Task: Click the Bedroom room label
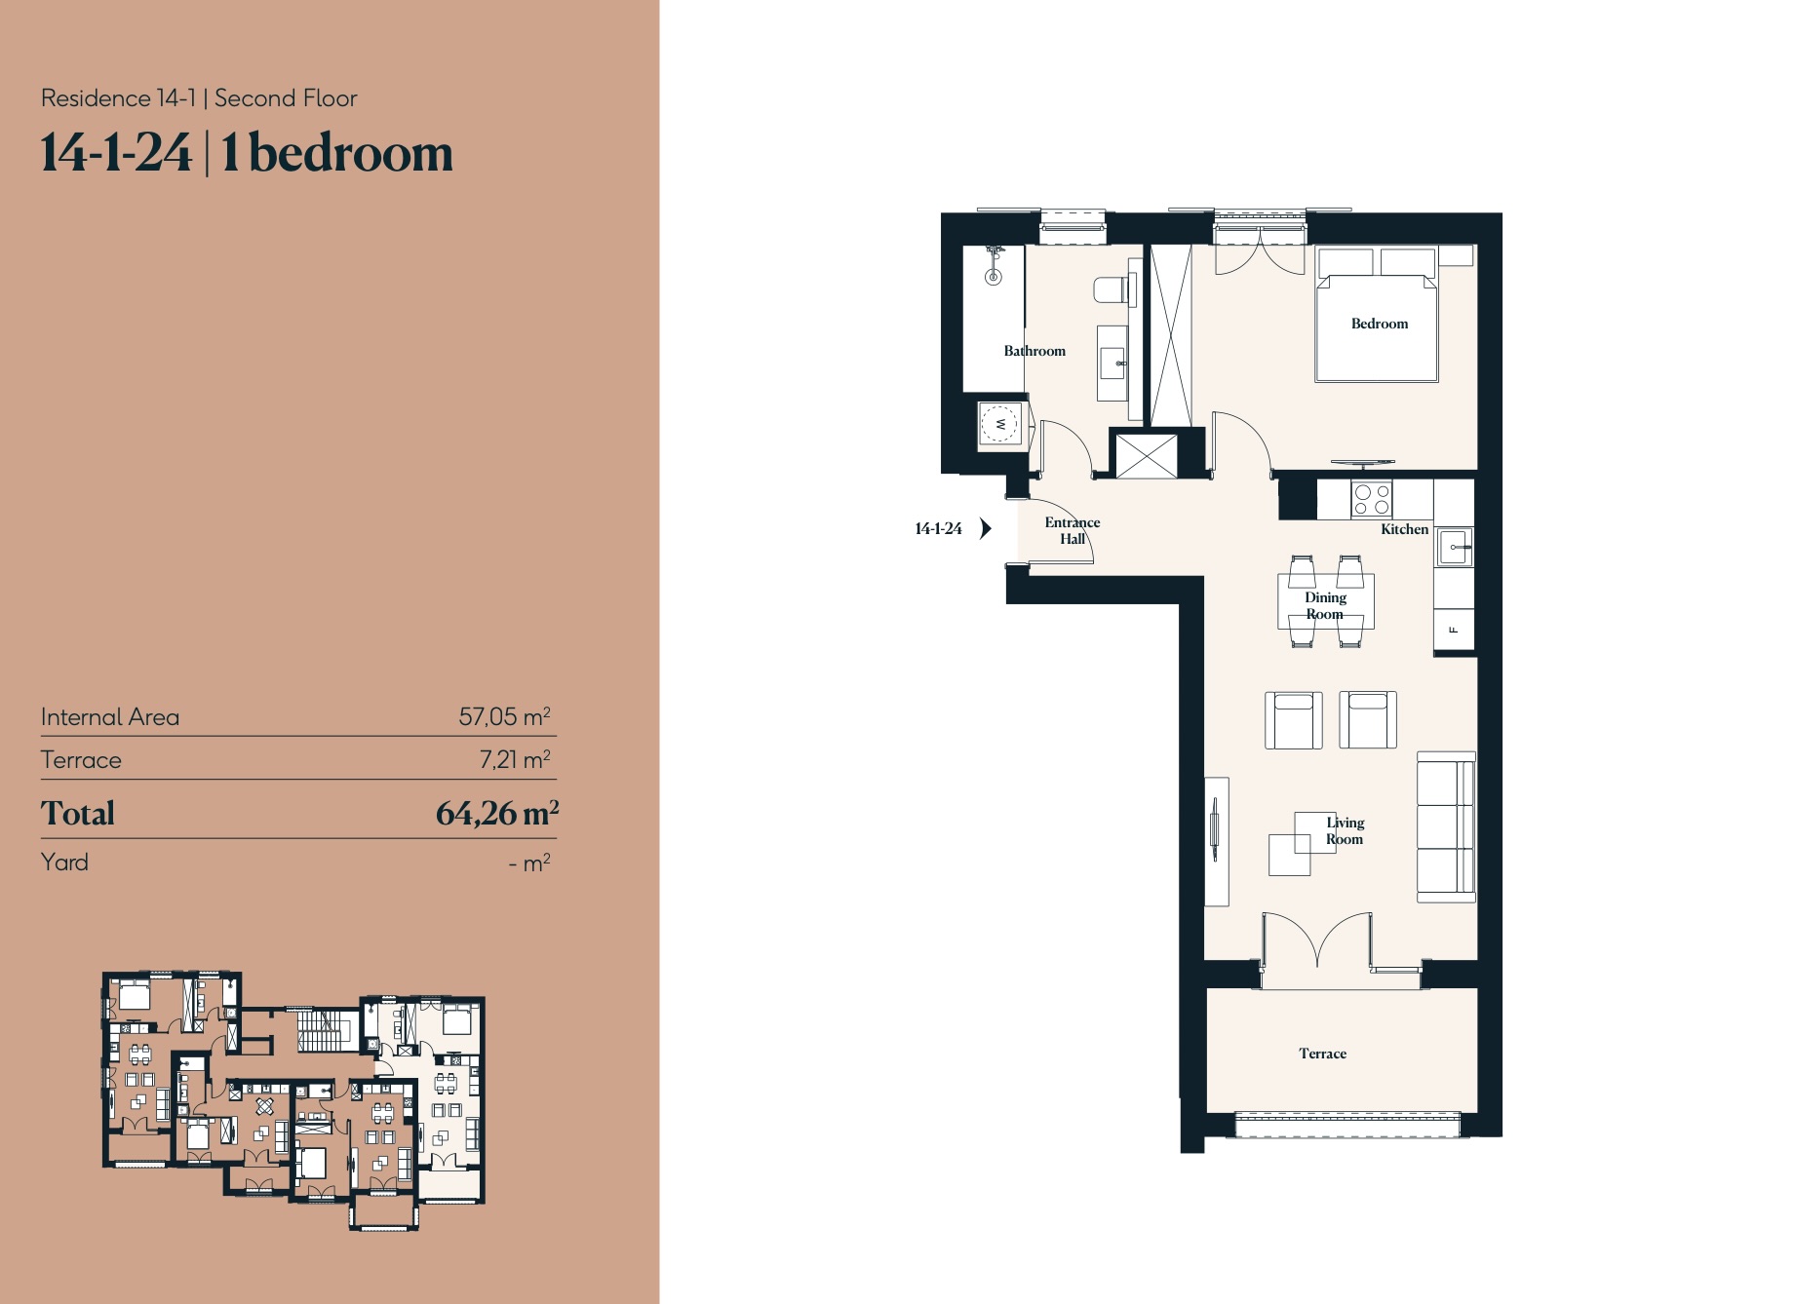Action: click(x=1379, y=324)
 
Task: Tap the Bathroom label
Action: click(x=1034, y=351)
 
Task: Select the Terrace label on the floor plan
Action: click(x=1322, y=1054)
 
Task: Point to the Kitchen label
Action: click(x=1404, y=529)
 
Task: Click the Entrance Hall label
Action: click(x=1073, y=530)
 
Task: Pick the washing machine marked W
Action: click(x=999, y=424)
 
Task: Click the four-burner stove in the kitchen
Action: click(x=1372, y=500)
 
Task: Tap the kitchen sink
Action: click(x=1455, y=547)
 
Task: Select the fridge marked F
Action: click(x=1454, y=630)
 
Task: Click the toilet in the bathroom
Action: click(x=1112, y=289)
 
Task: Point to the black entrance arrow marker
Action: click(x=986, y=528)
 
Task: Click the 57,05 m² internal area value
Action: click(x=504, y=716)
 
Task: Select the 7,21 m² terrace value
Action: click(x=515, y=759)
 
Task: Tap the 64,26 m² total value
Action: click(x=497, y=813)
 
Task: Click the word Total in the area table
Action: click(x=78, y=813)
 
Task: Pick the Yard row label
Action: click(x=64, y=863)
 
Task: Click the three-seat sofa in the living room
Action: click(x=1446, y=826)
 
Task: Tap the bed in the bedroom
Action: click(x=1377, y=314)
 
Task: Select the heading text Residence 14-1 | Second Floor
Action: click(x=199, y=98)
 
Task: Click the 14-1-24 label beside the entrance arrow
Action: click(x=938, y=528)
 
